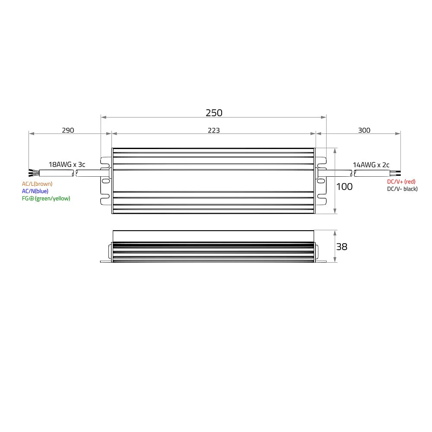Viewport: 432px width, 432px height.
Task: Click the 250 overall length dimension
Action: click(x=214, y=113)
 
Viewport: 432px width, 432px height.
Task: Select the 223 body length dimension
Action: click(x=213, y=130)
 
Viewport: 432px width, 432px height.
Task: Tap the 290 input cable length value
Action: click(x=68, y=130)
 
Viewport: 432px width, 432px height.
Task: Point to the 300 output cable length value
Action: click(x=364, y=130)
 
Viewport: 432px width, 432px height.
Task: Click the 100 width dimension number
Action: click(x=344, y=187)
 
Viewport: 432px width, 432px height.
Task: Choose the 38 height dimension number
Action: click(x=342, y=247)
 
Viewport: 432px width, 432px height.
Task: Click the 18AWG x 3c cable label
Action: click(x=67, y=165)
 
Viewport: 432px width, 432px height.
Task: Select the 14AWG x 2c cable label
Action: click(x=371, y=165)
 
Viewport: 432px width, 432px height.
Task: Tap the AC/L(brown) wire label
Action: click(x=37, y=184)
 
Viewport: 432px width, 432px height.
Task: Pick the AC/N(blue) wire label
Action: click(x=35, y=191)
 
